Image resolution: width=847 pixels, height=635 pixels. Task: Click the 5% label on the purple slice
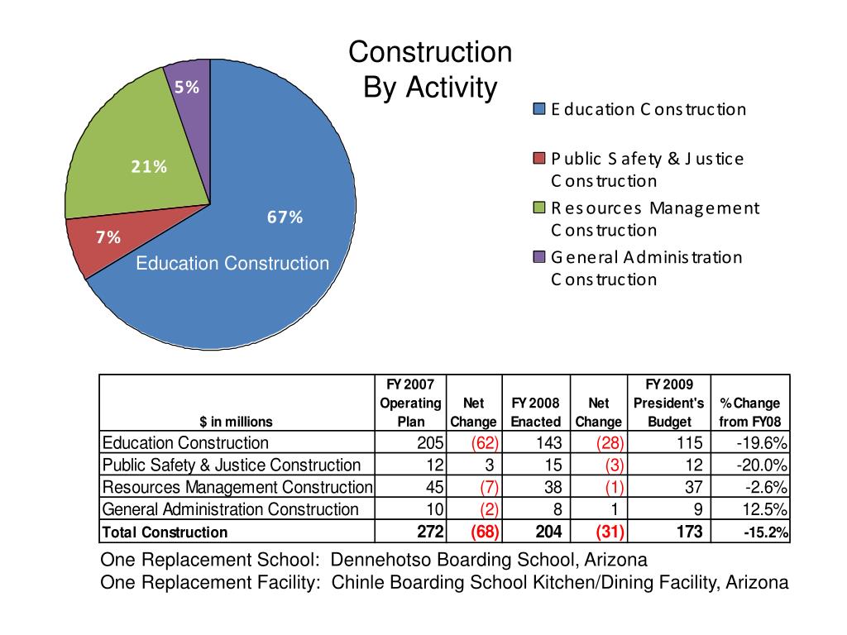point(186,88)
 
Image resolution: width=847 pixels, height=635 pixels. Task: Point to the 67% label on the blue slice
point(285,217)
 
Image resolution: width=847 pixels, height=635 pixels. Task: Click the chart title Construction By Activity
point(430,69)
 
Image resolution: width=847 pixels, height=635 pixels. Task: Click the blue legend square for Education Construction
point(539,110)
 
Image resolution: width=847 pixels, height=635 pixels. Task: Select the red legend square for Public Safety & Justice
point(539,159)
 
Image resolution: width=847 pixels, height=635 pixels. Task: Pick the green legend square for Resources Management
point(539,208)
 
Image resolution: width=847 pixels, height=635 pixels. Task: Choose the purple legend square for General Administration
point(539,257)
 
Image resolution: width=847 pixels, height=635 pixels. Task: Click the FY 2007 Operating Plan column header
point(410,403)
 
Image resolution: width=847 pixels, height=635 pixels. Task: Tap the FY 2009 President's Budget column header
point(668,403)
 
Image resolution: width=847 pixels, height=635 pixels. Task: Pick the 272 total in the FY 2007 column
point(431,531)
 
